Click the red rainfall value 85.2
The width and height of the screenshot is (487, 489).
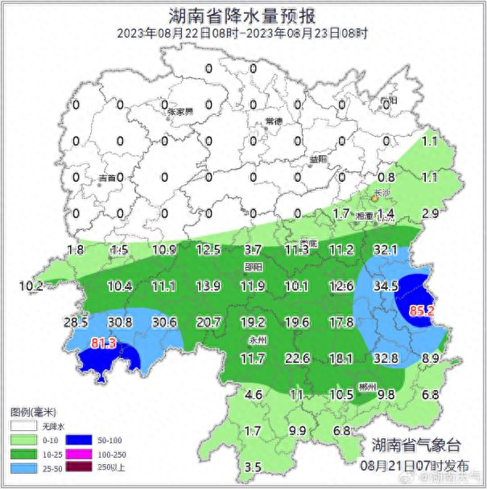pyautogui.click(x=423, y=309)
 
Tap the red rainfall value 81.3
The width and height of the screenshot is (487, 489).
pyautogui.click(x=104, y=343)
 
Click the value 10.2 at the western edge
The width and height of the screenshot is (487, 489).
pyautogui.click(x=30, y=286)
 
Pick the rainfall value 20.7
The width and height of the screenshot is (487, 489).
pyautogui.click(x=208, y=323)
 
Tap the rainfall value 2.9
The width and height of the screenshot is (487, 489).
pyautogui.click(x=430, y=213)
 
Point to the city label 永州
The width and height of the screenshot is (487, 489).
pyautogui.click(x=257, y=339)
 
